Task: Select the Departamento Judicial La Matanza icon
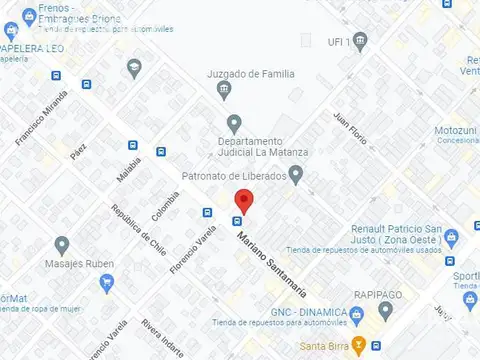pos(234,124)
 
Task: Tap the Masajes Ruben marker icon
pos(62,245)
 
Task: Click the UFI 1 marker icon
pos(361,41)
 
